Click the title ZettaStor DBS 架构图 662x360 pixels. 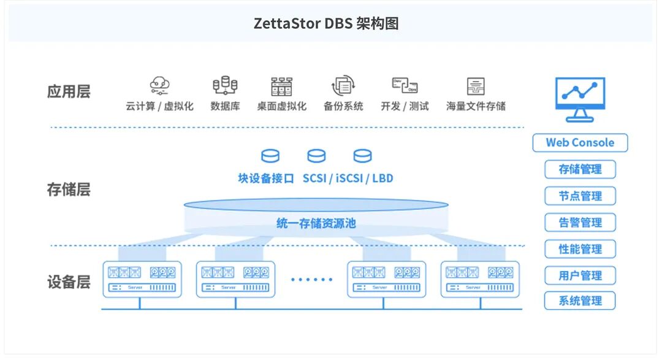pyautogui.click(x=326, y=24)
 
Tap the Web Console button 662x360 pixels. pyautogui.click(x=580, y=143)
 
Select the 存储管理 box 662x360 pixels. pyautogui.click(x=580, y=169)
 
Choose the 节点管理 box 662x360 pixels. pyautogui.click(x=580, y=196)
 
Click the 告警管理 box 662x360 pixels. pyautogui.click(x=580, y=223)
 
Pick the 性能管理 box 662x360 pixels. pyautogui.click(x=580, y=249)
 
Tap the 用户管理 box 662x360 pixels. pyautogui.click(x=580, y=275)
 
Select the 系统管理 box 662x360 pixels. pyautogui.click(x=580, y=301)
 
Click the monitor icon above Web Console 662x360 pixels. pyautogui.click(x=579, y=98)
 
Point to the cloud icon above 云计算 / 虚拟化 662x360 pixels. pyautogui.click(x=160, y=86)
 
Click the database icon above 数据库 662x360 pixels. pyautogui.click(x=225, y=86)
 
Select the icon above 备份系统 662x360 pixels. pyautogui.click(x=343, y=86)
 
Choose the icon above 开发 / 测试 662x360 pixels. pyautogui.click(x=405, y=86)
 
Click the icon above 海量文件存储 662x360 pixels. pyautogui.click(x=476, y=86)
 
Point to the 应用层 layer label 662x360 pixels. pyautogui.click(x=69, y=92)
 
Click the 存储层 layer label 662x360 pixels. pyautogui.click(x=69, y=190)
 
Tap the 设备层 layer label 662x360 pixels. pyautogui.click(x=69, y=282)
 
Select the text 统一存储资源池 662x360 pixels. pyautogui.click(x=316, y=223)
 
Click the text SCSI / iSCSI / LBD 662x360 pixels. pyautogui.click(x=348, y=178)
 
